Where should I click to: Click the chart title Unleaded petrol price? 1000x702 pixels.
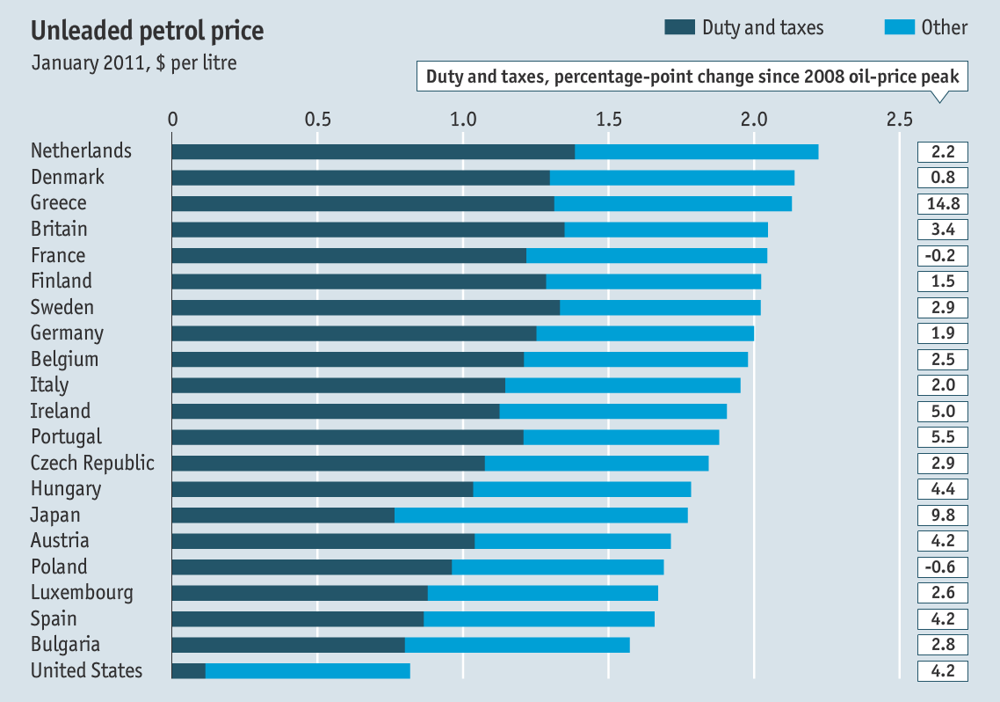click(147, 31)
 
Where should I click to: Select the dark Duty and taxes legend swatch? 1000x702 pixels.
click(679, 27)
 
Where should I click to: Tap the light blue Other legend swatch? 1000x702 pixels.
click(897, 27)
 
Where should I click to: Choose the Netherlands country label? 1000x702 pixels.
click(81, 151)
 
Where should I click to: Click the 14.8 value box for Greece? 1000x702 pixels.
click(943, 204)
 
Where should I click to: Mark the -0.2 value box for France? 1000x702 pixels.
click(943, 256)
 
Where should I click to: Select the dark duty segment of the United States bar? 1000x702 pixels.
click(188, 671)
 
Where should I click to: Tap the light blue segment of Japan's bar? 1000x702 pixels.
click(540, 516)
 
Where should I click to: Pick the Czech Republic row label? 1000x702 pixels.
click(92, 464)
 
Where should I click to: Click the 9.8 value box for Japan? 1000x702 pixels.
click(943, 516)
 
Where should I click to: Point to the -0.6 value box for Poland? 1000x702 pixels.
click(943, 567)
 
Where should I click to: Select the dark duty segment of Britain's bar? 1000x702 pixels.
click(367, 230)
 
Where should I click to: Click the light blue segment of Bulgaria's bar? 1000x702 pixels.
click(517, 646)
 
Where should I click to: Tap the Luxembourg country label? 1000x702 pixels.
click(82, 593)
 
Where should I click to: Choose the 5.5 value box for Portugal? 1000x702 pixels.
click(943, 437)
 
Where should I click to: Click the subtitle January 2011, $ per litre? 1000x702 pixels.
click(134, 63)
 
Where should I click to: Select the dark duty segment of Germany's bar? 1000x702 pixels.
click(353, 333)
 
